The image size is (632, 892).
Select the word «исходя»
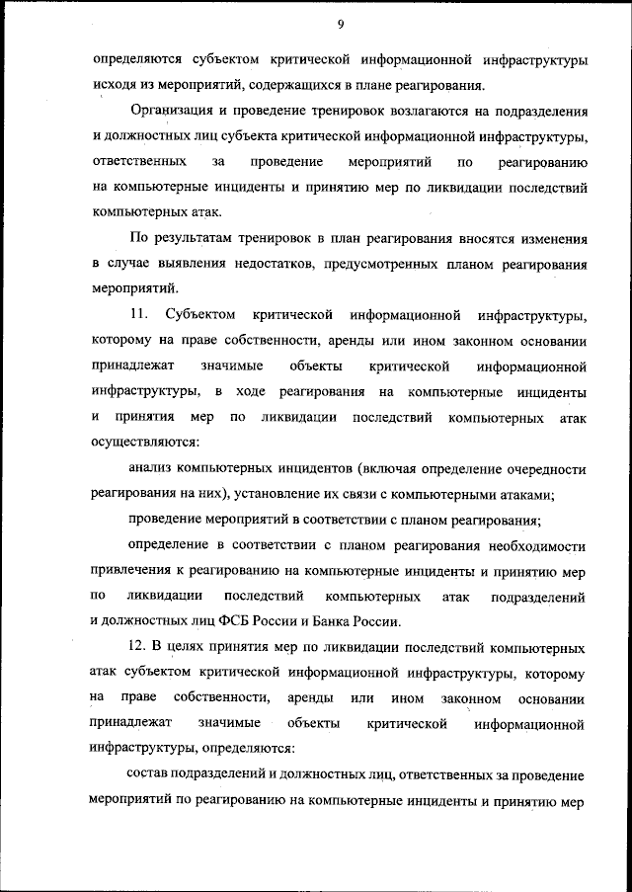pos(114,85)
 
